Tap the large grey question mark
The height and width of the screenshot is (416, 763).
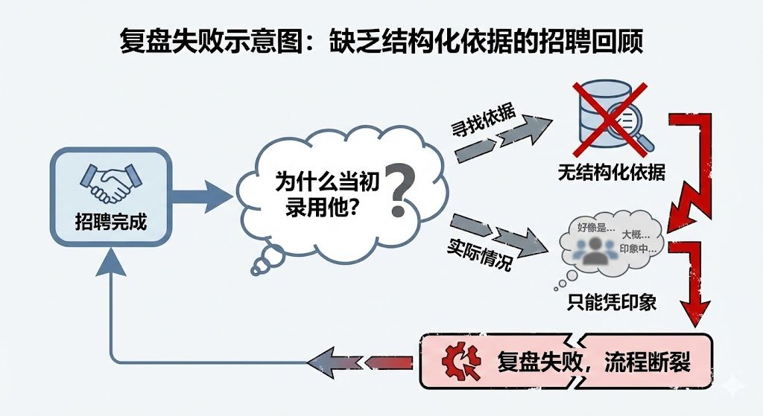click(x=400, y=191)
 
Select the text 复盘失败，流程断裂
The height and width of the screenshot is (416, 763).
click(x=593, y=362)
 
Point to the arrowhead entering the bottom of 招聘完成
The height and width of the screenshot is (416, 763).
click(x=110, y=257)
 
